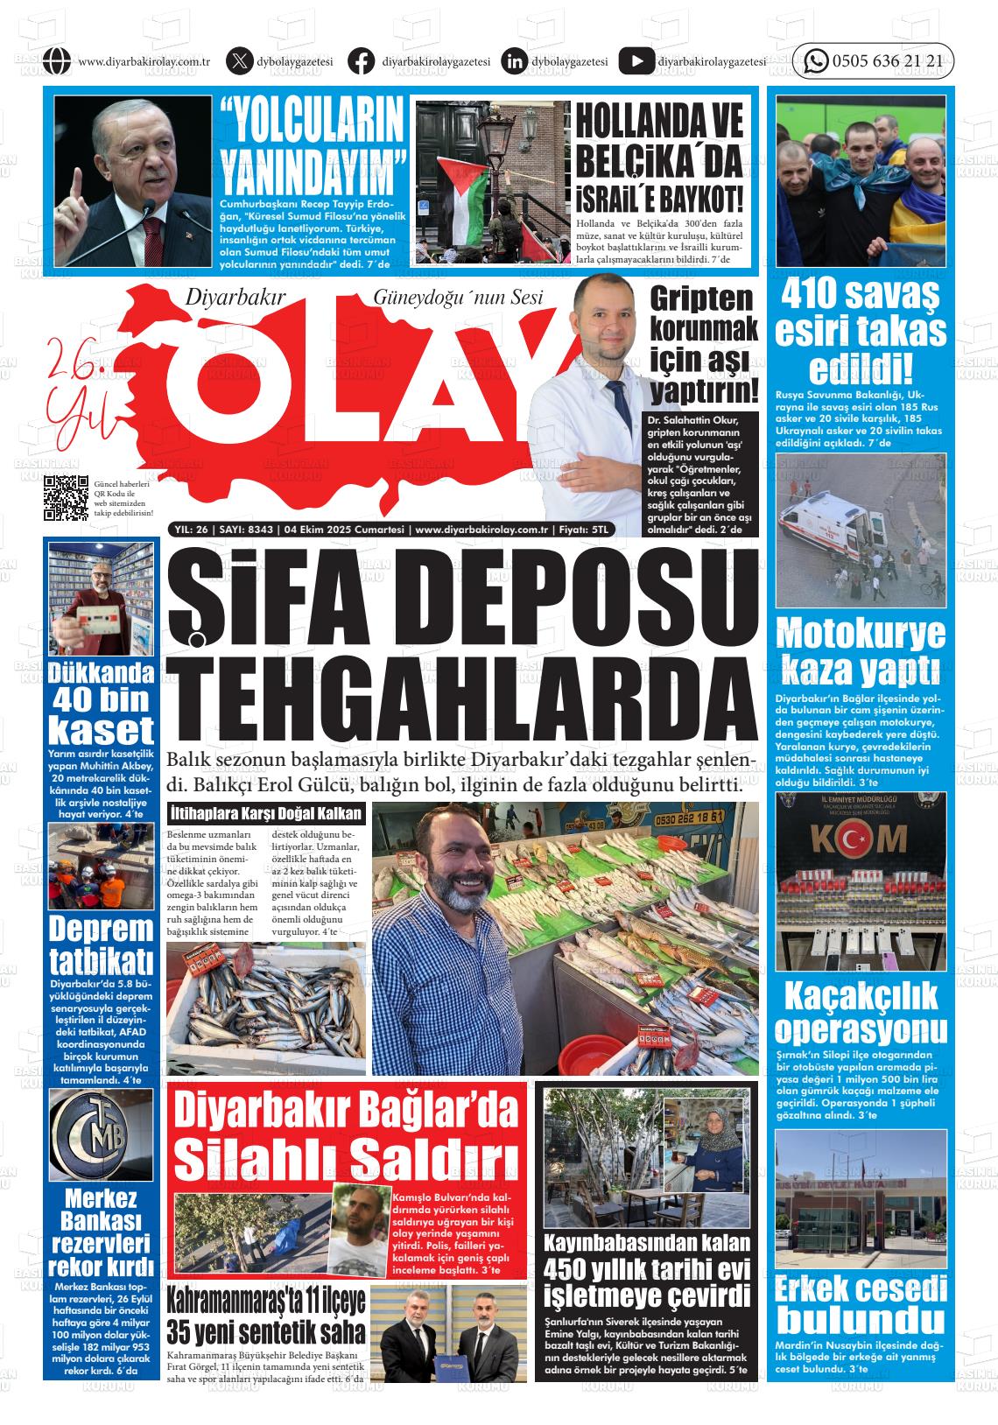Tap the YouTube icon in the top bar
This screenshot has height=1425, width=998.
pos(636,61)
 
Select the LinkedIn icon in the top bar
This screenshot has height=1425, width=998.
pos(514,61)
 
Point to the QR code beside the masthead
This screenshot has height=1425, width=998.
pos(66,497)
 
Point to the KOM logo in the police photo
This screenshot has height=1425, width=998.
pos(861,839)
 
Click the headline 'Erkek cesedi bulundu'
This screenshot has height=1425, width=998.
pos(861,1302)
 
